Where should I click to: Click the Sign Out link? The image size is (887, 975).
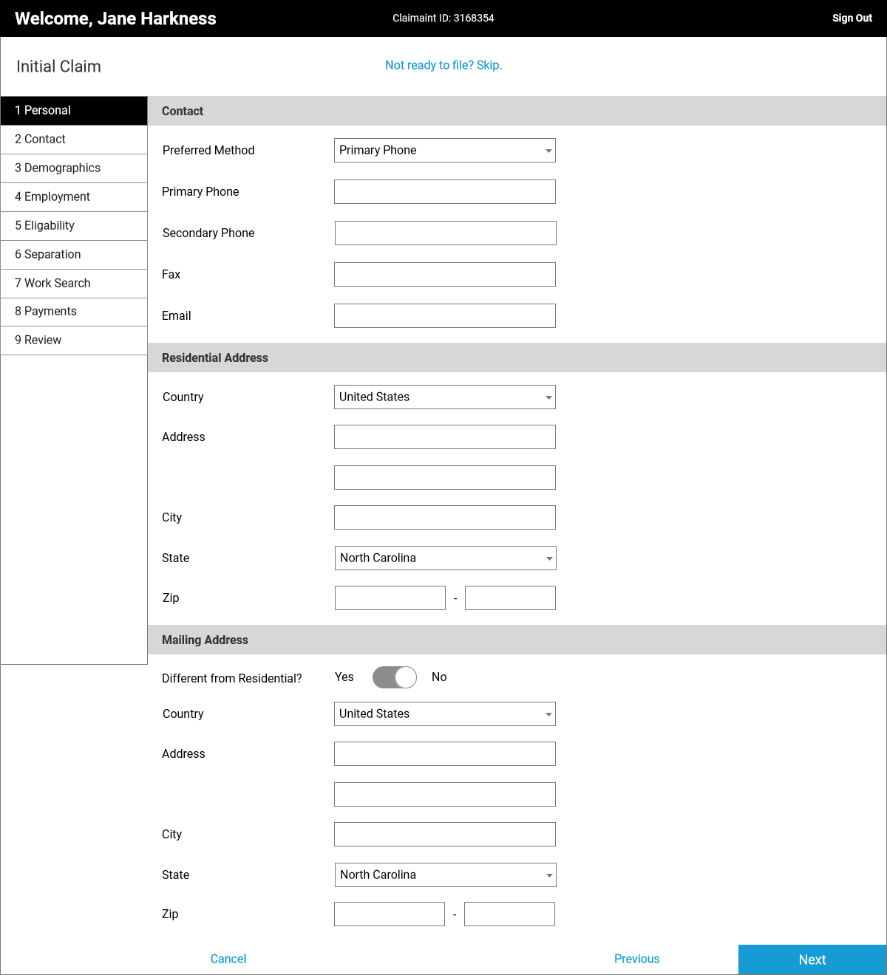(x=852, y=18)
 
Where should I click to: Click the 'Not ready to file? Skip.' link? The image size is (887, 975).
(x=443, y=65)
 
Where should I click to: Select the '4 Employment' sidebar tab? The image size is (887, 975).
(x=74, y=196)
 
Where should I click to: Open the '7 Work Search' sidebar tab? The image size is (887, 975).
(x=74, y=283)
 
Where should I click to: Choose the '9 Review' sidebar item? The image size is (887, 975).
(x=74, y=340)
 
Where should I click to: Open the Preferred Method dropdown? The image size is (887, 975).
(x=444, y=150)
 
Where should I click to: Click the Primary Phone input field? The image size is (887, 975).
(x=444, y=191)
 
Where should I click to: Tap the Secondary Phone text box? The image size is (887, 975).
(x=445, y=233)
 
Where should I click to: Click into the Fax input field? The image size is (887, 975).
(x=444, y=274)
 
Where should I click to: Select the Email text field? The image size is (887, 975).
(x=444, y=315)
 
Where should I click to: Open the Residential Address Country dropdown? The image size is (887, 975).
(x=444, y=397)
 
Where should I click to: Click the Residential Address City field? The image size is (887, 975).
(x=444, y=517)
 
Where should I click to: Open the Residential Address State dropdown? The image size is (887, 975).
(x=445, y=558)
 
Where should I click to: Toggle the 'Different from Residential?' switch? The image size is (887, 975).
(x=395, y=677)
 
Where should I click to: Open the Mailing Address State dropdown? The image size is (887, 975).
(x=445, y=875)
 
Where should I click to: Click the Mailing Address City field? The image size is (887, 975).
(x=444, y=834)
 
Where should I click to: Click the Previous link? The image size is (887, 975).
(x=636, y=959)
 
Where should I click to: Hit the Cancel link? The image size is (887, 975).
(x=228, y=959)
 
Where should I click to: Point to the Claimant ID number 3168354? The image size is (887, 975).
(x=474, y=18)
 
